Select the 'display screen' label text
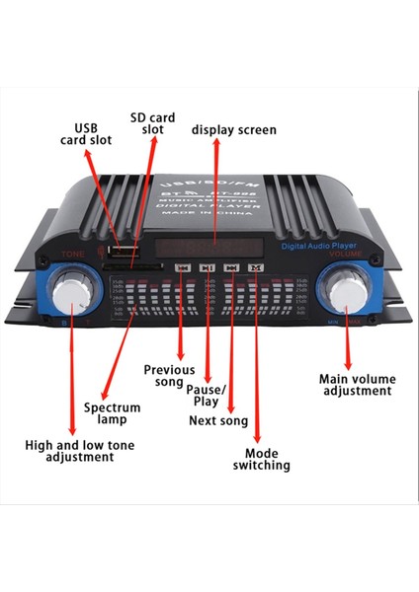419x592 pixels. click(x=233, y=130)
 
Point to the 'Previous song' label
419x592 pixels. click(x=169, y=375)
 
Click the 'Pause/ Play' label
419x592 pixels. click(x=207, y=396)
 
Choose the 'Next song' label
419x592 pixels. click(x=219, y=421)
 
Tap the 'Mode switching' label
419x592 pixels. click(x=261, y=459)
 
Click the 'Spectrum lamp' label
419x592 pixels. click(x=112, y=413)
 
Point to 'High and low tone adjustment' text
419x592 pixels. click(x=79, y=452)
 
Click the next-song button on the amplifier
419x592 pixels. click(x=231, y=266)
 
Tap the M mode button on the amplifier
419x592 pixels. click(x=256, y=266)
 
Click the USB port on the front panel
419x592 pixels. click(x=124, y=246)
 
